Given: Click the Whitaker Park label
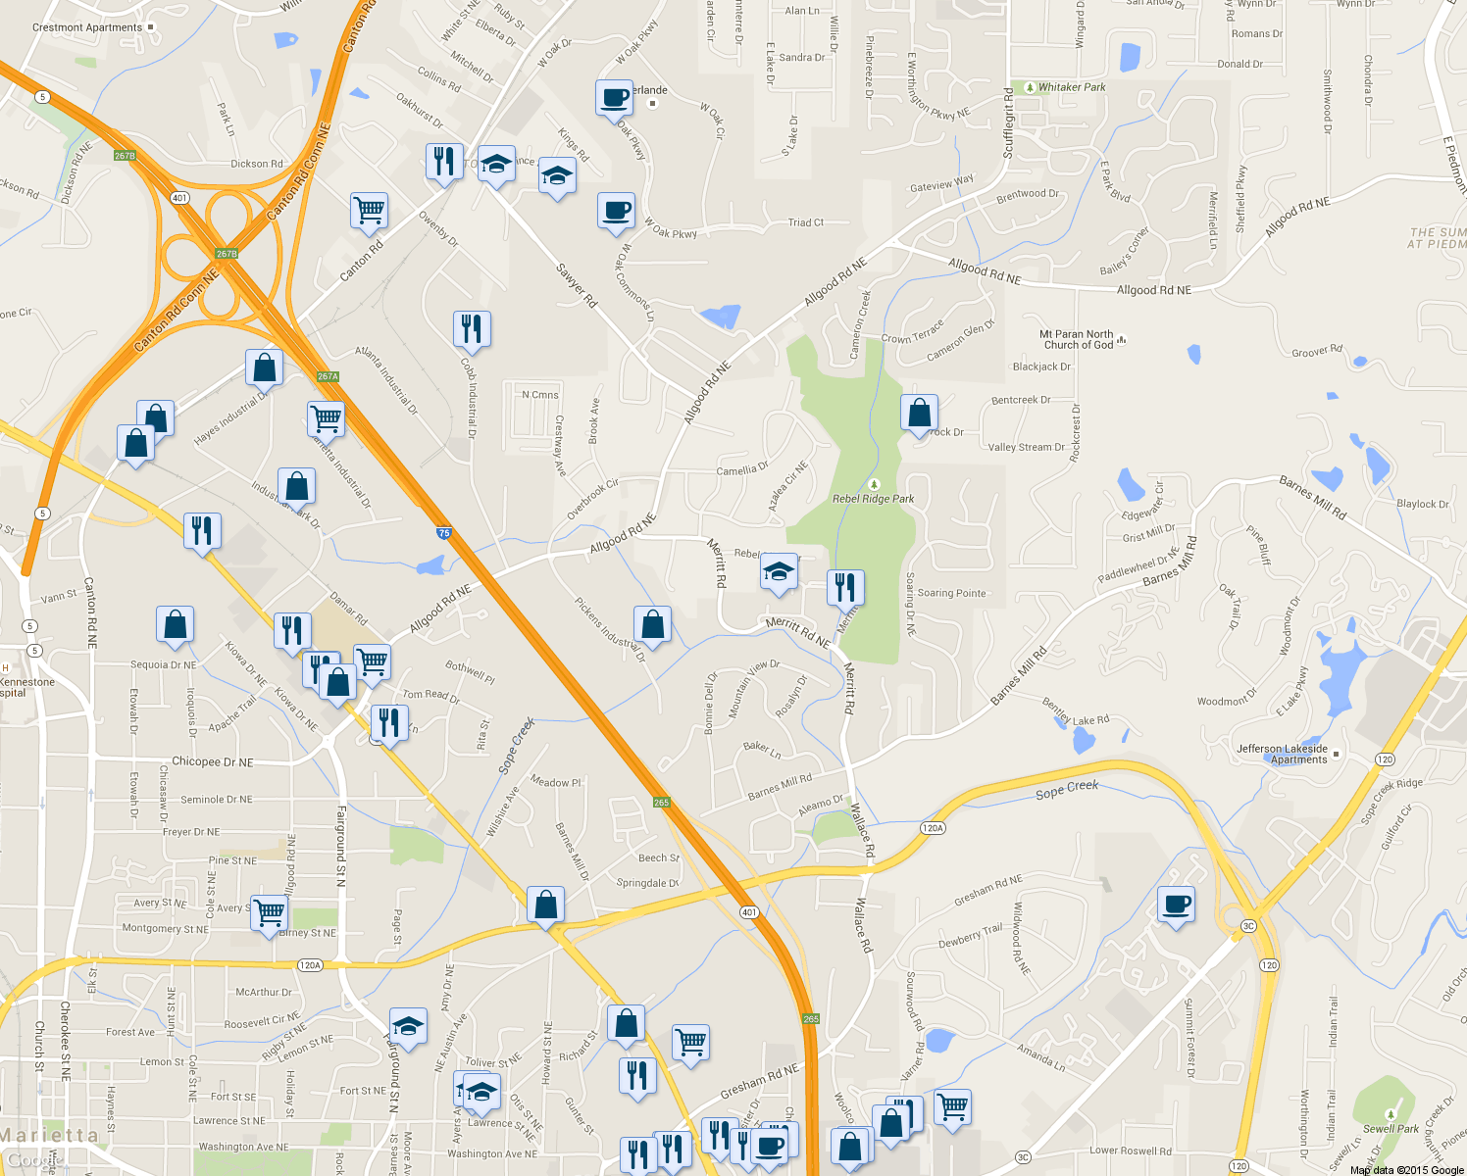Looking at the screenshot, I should [1071, 87].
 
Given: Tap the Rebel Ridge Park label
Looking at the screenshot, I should [874, 498].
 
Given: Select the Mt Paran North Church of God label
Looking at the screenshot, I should [1077, 339].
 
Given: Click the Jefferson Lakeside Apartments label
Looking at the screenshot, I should [1282, 754].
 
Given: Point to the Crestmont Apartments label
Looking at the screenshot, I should [87, 27].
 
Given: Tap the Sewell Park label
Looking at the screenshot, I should [1391, 1128].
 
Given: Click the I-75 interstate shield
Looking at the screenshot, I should [444, 533].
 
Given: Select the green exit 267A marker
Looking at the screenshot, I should [328, 376].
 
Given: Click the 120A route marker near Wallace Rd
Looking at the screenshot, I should [933, 828].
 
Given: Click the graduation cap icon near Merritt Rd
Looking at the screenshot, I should [779, 572].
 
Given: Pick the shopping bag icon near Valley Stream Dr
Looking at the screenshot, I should [920, 413].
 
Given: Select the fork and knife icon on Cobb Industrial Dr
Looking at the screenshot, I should [472, 329].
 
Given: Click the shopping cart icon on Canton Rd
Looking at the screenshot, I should [370, 209].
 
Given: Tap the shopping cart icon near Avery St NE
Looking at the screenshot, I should [269, 912].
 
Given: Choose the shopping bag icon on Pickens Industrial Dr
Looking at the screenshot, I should [652, 623].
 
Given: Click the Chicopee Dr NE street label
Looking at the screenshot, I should [212, 761].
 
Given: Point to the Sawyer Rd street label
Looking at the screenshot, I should [577, 285].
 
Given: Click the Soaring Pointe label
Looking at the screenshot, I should [951, 593].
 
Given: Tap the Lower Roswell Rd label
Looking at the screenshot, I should [1130, 1151].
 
